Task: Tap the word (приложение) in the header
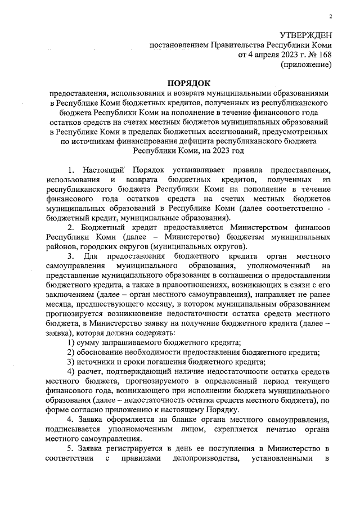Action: click(x=306, y=65)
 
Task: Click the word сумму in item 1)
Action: click(x=92, y=343)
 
